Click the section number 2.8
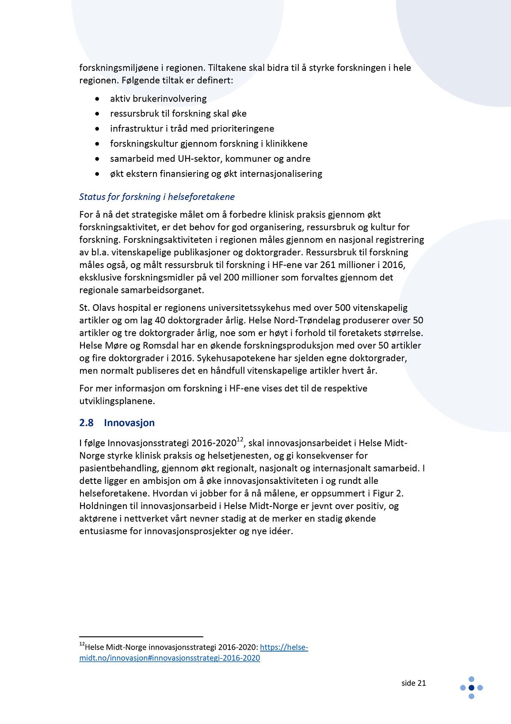[x=86, y=423]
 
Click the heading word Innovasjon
[x=129, y=423]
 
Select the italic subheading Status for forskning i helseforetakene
[x=157, y=197]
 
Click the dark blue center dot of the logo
[x=471, y=688]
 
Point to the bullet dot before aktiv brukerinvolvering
[x=97, y=99]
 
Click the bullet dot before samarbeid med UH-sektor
[x=97, y=159]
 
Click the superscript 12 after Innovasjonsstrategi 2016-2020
[x=240, y=440]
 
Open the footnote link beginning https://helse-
[x=284, y=647]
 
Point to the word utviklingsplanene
[x=117, y=401]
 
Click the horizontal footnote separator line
[x=141, y=636]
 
